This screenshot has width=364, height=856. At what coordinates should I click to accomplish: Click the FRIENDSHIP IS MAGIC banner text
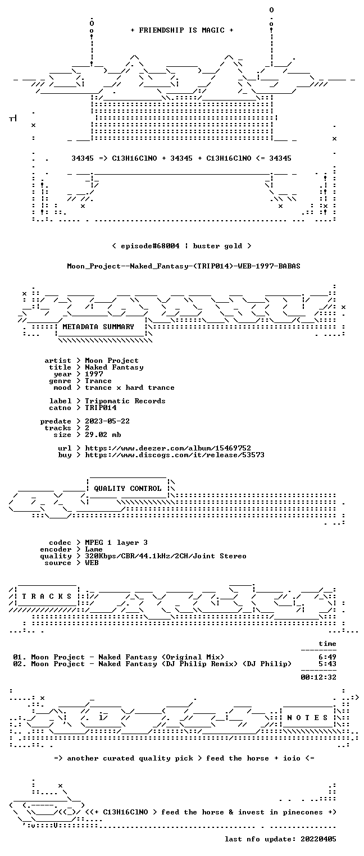(x=182, y=30)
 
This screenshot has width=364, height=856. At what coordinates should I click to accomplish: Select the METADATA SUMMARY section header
(x=98, y=327)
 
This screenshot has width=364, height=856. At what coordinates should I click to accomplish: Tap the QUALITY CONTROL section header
(x=128, y=488)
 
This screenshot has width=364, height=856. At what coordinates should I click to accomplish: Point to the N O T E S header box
(x=307, y=717)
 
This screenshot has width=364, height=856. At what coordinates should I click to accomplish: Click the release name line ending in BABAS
(x=184, y=266)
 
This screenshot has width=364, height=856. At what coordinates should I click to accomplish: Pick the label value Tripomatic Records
(x=125, y=401)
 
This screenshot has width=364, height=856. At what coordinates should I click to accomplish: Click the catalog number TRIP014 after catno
(x=101, y=408)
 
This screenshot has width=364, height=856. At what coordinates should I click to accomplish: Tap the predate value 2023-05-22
(x=107, y=421)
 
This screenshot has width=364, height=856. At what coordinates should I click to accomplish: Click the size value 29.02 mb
(x=103, y=435)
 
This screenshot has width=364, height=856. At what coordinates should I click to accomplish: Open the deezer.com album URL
(x=168, y=448)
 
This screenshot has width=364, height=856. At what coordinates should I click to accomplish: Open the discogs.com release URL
(x=175, y=455)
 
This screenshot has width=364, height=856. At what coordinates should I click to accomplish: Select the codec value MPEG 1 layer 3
(x=116, y=543)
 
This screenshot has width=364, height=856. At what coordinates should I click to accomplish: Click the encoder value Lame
(x=94, y=549)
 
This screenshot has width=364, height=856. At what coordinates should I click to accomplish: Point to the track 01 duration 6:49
(x=327, y=657)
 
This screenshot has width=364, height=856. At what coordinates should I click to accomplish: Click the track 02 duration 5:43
(x=327, y=664)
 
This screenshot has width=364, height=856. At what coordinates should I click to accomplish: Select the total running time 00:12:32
(x=319, y=677)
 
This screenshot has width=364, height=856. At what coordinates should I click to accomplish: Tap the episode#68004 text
(x=150, y=246)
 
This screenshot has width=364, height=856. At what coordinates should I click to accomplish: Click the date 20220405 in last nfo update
(x=319, y=839)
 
